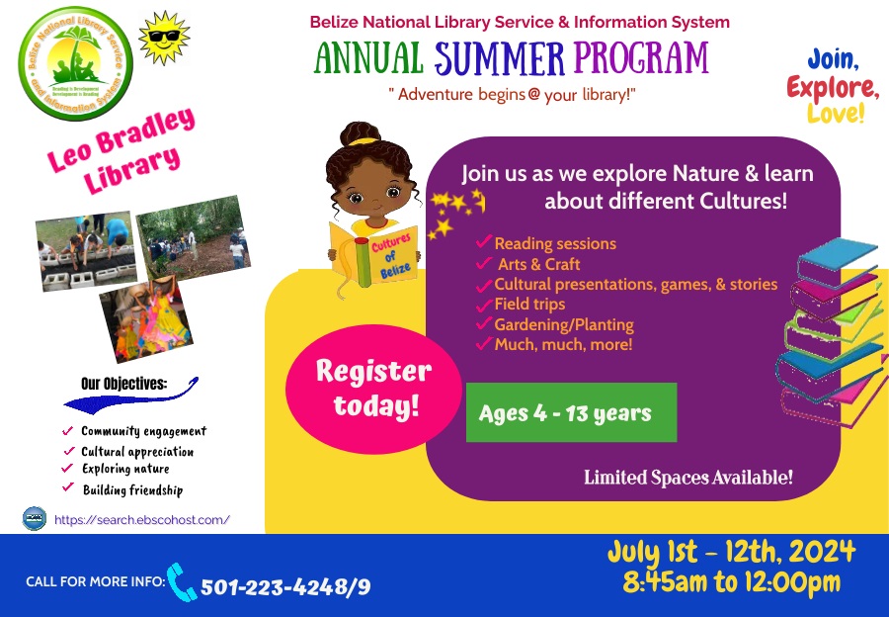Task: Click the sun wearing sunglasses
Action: click(163, 39)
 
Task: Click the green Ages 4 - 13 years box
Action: click(571, 412)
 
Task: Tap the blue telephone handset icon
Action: click(182, 581)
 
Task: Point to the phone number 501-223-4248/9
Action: click(285, 586)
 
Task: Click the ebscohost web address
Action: click(142, 519)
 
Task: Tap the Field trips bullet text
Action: click(529, 305)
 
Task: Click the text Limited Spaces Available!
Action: click(688, 479)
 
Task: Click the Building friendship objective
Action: click(132, 489)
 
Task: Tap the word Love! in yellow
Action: click(836, 114)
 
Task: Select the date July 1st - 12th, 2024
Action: click(731, 552)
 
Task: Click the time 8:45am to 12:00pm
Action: click(731, 582)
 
